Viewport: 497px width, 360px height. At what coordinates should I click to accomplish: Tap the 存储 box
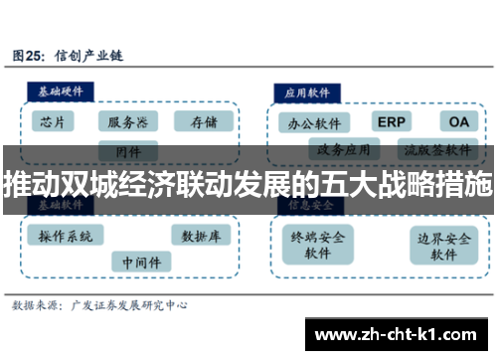(x=203, y=122)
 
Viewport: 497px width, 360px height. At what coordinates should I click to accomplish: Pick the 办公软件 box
(x=313, y=123)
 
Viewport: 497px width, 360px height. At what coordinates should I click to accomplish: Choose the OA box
(x=457, y=122)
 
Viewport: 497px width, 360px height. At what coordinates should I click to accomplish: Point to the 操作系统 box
(x=67, y=237)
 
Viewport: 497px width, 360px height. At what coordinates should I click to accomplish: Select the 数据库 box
(x=202, y=237)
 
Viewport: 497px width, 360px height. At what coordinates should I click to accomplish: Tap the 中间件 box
(x=140, y=263)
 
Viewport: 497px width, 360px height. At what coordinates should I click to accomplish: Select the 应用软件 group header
(x=307, y=90)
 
